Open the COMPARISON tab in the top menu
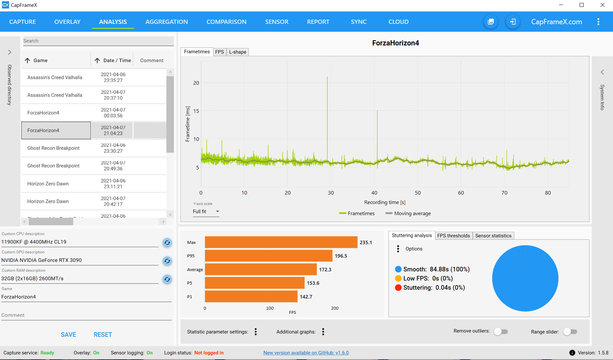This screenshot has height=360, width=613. point(226,22)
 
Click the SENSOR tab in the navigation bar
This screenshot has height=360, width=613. point(277,22)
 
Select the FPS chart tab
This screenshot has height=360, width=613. point(219,52)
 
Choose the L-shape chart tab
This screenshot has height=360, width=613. point(237,52)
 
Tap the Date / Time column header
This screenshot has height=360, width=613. point(113,60)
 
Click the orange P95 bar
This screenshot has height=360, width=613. point(268,256)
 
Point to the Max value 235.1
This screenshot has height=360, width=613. point(366,243)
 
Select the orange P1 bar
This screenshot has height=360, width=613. point(251,297)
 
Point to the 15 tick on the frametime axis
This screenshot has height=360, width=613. point(196,111)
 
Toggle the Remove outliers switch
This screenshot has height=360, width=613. point(501,332)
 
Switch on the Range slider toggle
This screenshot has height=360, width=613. point(570,332)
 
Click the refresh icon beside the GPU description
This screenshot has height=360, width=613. point(167,261)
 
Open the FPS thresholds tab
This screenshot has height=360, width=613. point(453,236)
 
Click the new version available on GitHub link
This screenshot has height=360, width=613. point(306,353)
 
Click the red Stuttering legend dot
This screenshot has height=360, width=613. point(398,288)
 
